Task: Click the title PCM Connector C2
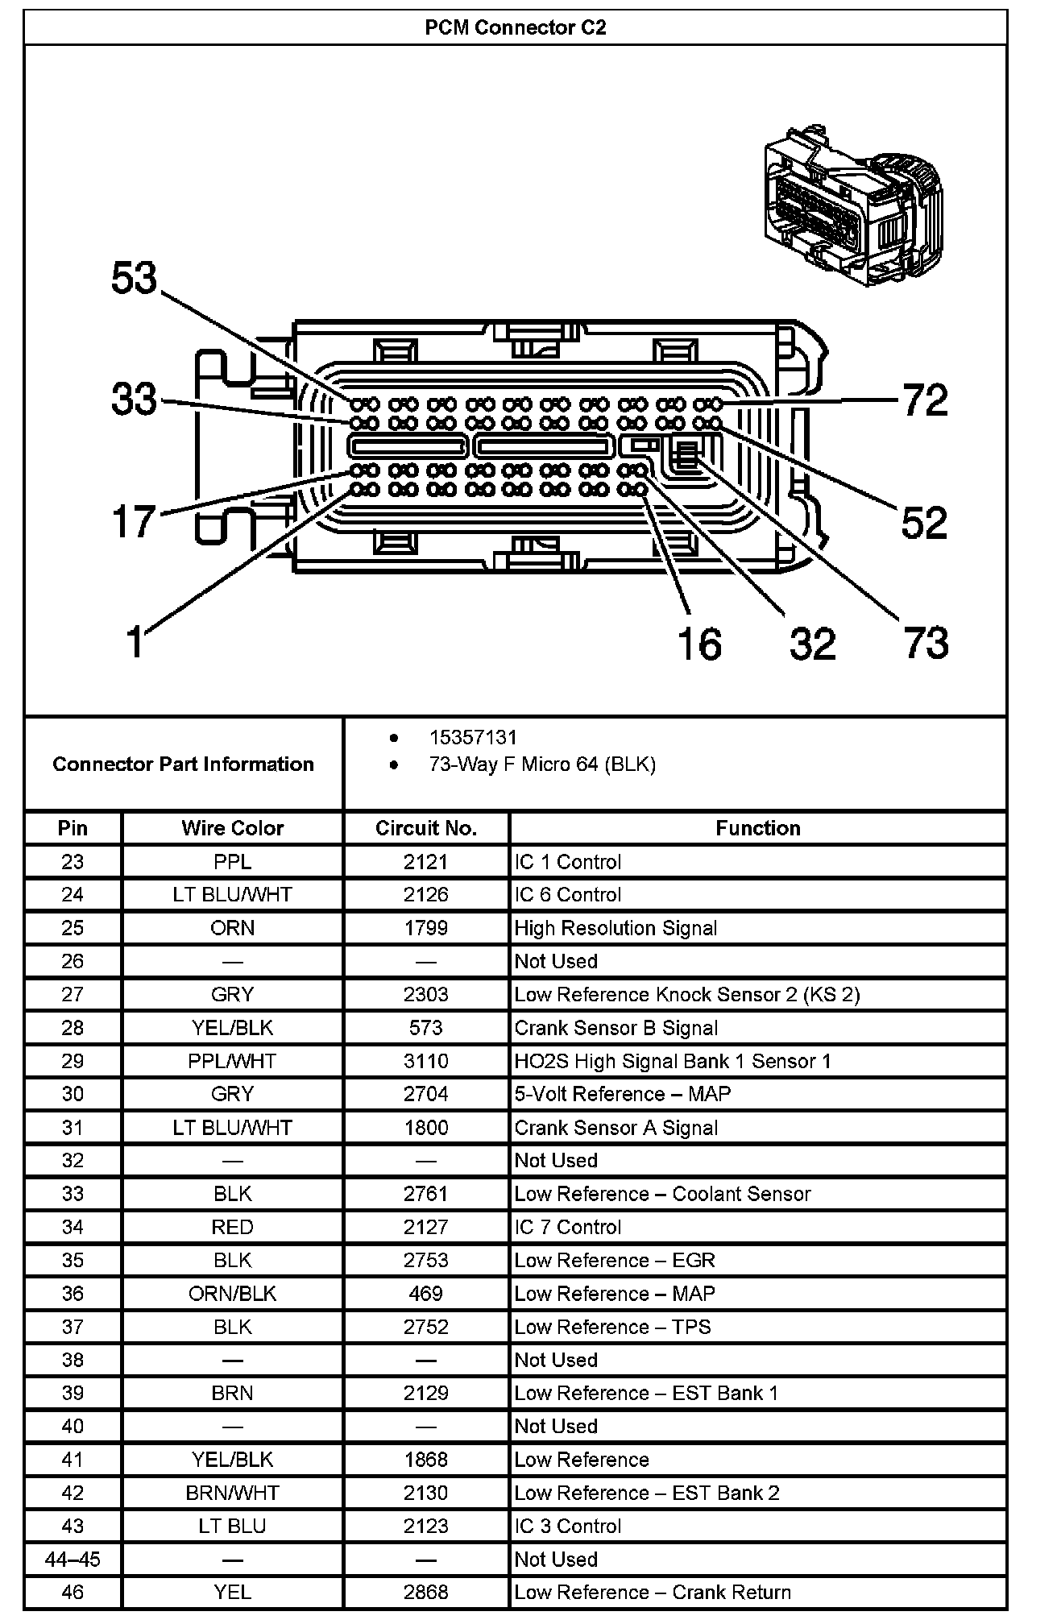click(x=516, y=28)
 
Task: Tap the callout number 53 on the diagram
click(x=135, y=279)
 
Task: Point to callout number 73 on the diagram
click(x=926, y=643)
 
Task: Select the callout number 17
click(x=134, y=521)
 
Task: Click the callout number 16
click(x=698, y=644)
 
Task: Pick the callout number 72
click(x=926, y=400)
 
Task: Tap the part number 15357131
click(x=473, y=737)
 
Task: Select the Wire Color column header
click(x=232, y=828)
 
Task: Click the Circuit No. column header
click(x=425, y=828)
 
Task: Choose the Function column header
click(x=757, y=828)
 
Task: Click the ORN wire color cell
click(x=232, y=928)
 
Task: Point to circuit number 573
click(x=425, y=1028)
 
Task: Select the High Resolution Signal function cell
click(x=616, y=928)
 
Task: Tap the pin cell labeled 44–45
click(x=73, y=1560)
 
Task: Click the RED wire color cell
click(x=232, y=1227)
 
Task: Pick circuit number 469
click(x=425, y=1294)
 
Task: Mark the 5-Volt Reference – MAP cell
click(x=623, y=1094)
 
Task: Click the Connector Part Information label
click(x=183, y=764)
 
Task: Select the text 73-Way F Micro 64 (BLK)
click(x=542, y=764)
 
